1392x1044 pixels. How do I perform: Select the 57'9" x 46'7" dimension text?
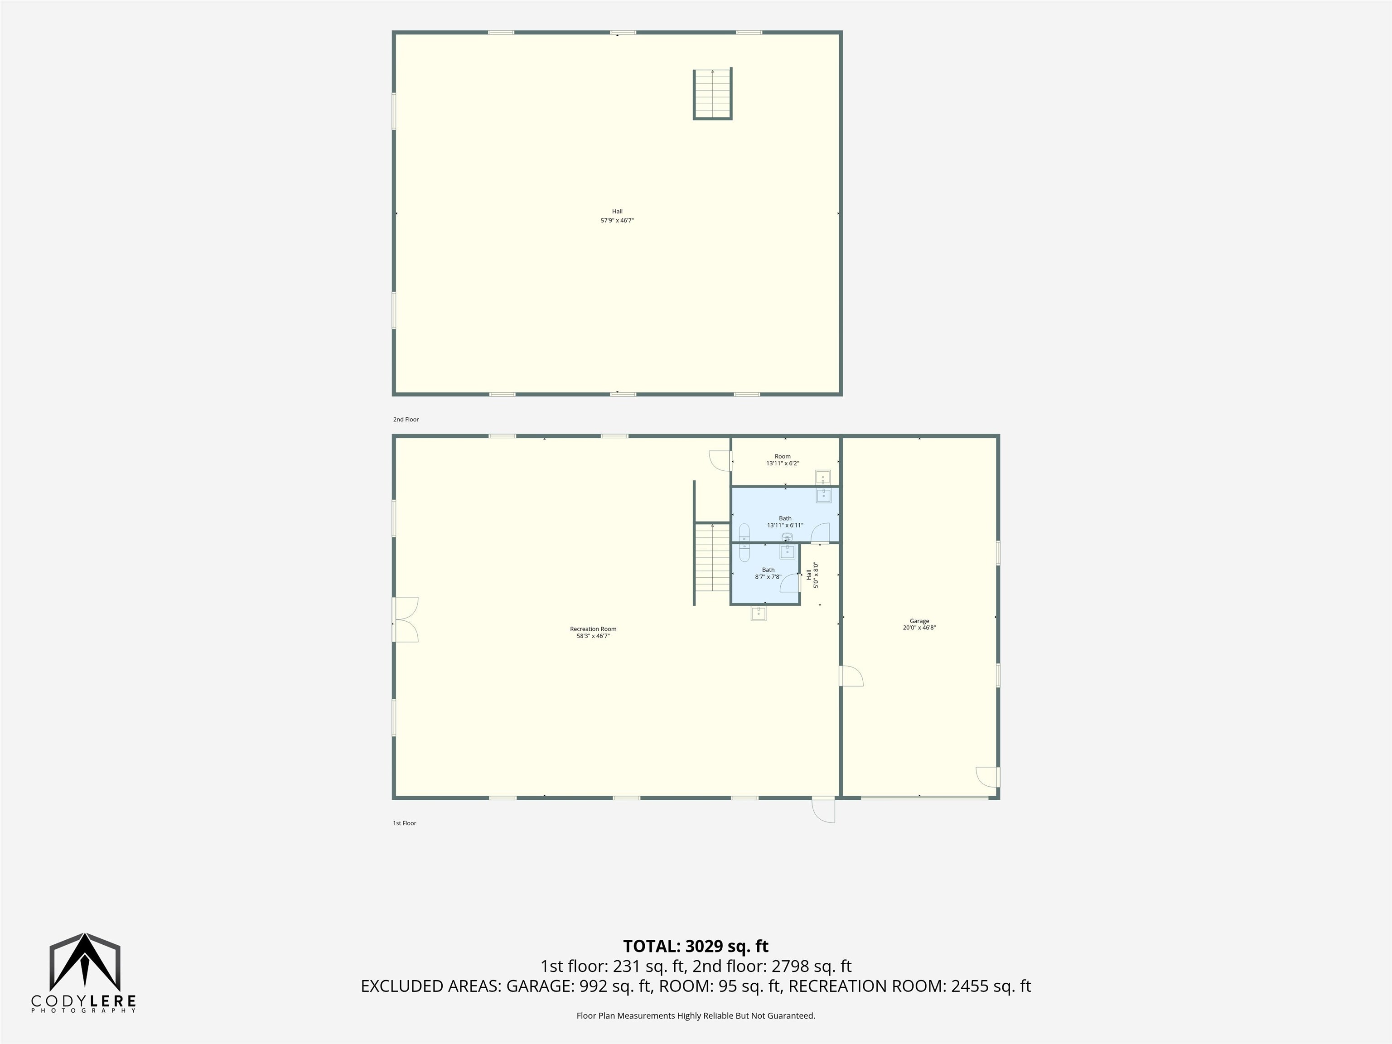[617, 221]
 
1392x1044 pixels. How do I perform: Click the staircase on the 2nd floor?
[712, 94]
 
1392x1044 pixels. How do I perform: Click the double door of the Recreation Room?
[405, 619]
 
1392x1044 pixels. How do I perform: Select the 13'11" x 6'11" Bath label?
[785, 522]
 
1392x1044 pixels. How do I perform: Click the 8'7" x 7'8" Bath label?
[768, 573]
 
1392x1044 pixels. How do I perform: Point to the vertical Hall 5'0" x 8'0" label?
[812, 575]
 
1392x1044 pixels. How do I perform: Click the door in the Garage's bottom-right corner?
[987, 777]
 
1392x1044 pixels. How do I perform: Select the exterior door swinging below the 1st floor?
[823, 810]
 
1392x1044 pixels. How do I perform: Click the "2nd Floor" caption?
[406, 419]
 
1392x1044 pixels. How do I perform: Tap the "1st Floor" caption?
[405, 823]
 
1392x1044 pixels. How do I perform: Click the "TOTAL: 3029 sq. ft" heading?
[696, 946]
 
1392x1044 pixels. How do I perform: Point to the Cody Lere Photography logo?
[84, 973]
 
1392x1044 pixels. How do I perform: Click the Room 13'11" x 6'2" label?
[782, 460]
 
